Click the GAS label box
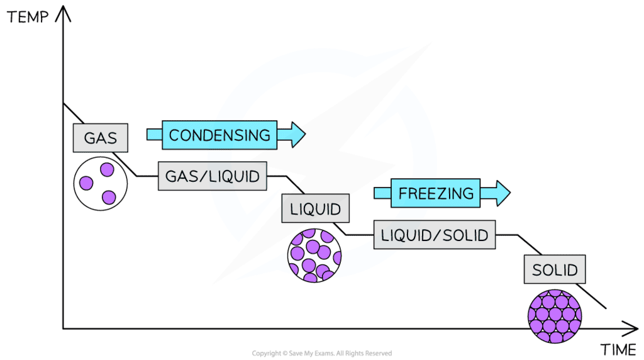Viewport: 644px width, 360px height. [x=101, y=138]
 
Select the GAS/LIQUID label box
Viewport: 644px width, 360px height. [x=213, y=176]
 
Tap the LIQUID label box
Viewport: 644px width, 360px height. [x=316, y=208]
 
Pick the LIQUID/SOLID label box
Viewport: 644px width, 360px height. [x=435, y=235]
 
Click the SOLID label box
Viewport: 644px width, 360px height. [x=555, y=269]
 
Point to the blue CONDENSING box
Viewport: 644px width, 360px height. [x=219, y=135]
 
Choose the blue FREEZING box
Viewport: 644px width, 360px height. [x=435, y=193]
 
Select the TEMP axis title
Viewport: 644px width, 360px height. [x=28, y=17]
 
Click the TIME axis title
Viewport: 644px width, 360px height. [x=618, y=350]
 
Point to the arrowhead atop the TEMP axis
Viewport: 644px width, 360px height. [x=64, y=13]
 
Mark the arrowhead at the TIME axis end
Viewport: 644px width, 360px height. [x=630, y=329]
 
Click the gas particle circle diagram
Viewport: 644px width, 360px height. [x=101, y=184]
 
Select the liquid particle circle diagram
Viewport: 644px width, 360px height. [x=314, y=255]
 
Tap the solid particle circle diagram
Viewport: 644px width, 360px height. [x=555, y=316]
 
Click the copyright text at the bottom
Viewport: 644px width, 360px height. [x=322, y=353]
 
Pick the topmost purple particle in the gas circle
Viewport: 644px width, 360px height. [x=107, y=169]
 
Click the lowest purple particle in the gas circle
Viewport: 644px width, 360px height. [x=109, y=197]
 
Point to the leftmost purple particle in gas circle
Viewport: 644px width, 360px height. [x=86, y=183]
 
